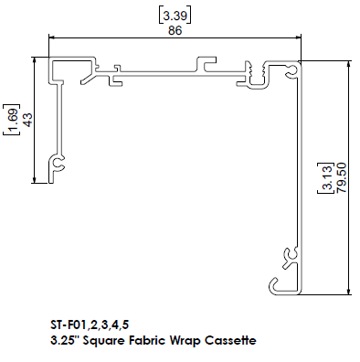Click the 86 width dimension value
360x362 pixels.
(175, 30)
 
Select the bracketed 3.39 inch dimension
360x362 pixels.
(175, 16)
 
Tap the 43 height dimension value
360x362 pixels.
(26, 120)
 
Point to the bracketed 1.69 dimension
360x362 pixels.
(12, 120)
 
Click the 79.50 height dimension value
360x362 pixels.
(342, 177)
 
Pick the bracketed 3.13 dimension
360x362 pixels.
(326, 177)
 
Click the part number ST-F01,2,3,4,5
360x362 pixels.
(90, 325)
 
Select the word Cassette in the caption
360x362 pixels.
(230, 340)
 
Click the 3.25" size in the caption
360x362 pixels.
(65, 340)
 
